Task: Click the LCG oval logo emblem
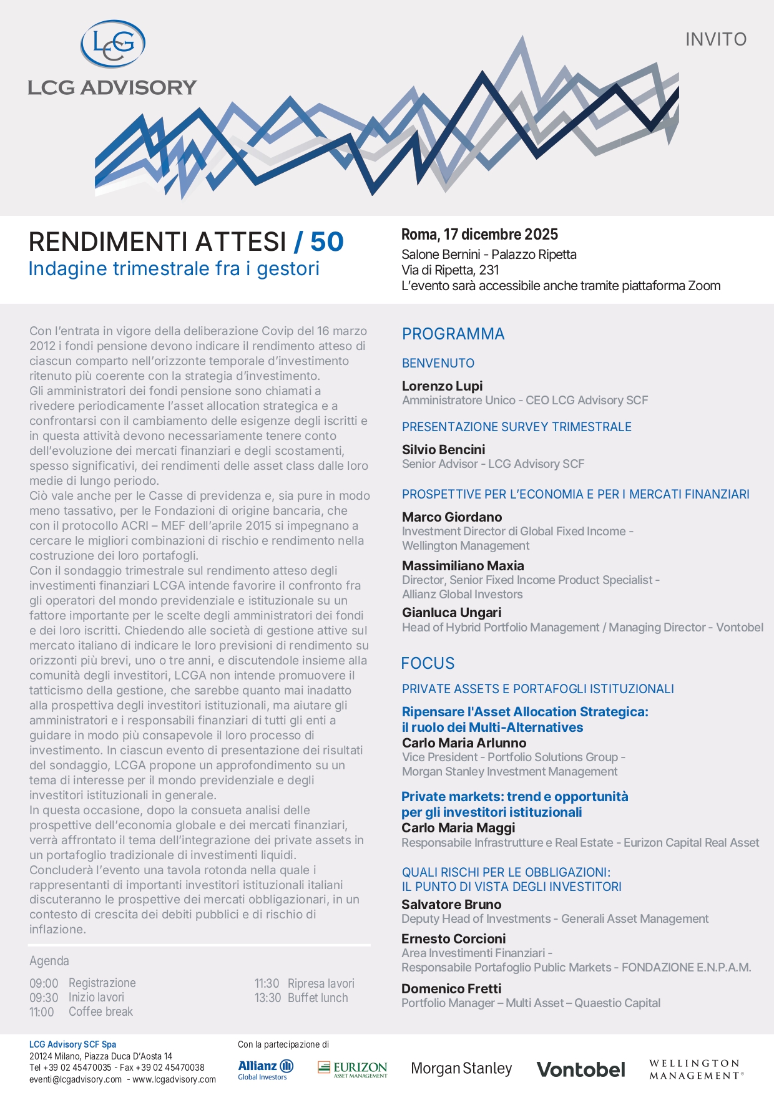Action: pyautogui.click(x=113, y=44)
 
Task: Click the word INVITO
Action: pyautogui.click(x=715, y=39)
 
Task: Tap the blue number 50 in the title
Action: pyautogui.click(x=326, y=242)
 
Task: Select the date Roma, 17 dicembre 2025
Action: pyautogui.click(x=479, y=235)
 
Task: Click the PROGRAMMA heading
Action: pyautogui.click(x=453, y=334)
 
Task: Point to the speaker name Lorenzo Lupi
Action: pyautogui.click(x=442, y=386)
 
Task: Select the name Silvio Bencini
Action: pyautogui.click(x=443, y=449)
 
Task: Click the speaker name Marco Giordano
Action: pyautogui.click(x=452, y=517)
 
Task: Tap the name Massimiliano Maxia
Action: pyautogui.click(x=463, y=565)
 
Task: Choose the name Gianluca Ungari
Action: pyautogui.click(x=451, y=612)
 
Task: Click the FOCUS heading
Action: pyautogui.click(x=428, y=663)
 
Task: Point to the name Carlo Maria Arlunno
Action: pyautogui.click(x=464, y=742)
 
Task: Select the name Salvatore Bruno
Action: pyautogui.click(x=451, y=904)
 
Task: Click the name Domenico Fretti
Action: pyautogui.click(x=451, y=988)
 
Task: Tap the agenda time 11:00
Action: pyautogui.click(x=42, y=1012)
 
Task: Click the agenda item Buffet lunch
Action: pyautogui.click(x=318, y=998)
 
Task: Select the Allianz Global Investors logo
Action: pyautogui.click(x=265, y=1069)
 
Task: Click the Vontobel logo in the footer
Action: pyautogui.click(x=580, y=1069)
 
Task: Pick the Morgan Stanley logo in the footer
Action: pyautogui.click(x=461, y=1069)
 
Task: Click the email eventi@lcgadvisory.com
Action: pyautogui.click(x=76, y=1079)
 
